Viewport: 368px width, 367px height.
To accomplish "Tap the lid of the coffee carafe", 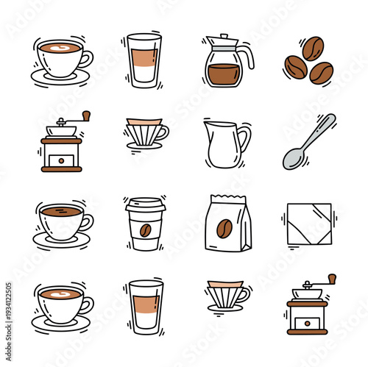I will click(224, 38).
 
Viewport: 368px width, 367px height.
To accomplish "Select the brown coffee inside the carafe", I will click(224, 75).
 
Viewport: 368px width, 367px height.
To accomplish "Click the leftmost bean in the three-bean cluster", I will click(296, 67).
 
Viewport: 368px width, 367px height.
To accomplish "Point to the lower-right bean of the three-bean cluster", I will click(321, 73).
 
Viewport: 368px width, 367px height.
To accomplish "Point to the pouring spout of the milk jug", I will click(208, 124).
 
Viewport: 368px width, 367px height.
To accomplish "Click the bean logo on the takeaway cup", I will click(145, 229).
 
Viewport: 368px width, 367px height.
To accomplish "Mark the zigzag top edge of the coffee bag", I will click(227, 198).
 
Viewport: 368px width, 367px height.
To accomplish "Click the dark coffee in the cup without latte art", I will click(60, 211).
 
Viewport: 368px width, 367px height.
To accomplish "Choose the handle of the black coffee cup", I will click(88, 221).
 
